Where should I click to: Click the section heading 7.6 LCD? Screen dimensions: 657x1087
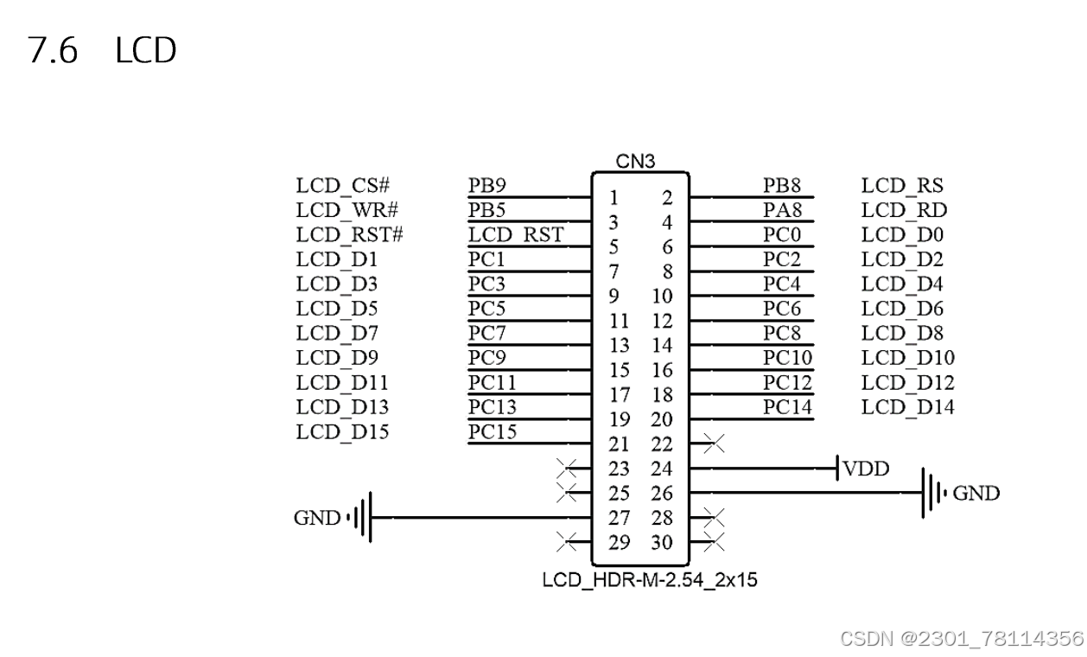(102, 51)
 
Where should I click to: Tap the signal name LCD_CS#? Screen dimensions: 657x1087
(342, 185)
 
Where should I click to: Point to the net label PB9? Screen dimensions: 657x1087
(487, 185)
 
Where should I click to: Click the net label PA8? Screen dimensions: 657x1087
(782, 210)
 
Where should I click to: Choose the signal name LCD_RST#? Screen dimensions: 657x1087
(349, 234)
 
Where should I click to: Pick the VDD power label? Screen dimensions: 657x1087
(866, 469)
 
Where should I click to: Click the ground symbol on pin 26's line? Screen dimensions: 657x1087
(934, 494)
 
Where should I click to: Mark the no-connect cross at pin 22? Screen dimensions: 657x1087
(714, 445)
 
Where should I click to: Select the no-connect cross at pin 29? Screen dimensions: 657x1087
(568, 543)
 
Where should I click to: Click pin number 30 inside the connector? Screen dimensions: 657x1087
(662, 543)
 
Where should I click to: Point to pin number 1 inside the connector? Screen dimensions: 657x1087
(614, 198)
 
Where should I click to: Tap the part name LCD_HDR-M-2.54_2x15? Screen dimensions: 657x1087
(650, 579)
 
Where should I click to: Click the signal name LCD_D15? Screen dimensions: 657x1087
(342, 432)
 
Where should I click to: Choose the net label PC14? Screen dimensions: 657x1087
(787, 407)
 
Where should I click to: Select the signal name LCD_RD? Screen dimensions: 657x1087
(904, 210)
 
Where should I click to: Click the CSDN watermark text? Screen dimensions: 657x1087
(961, 638)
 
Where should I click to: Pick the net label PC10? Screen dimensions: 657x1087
(787, 358)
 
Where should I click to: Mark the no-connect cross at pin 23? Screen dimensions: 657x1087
(568, 469)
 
